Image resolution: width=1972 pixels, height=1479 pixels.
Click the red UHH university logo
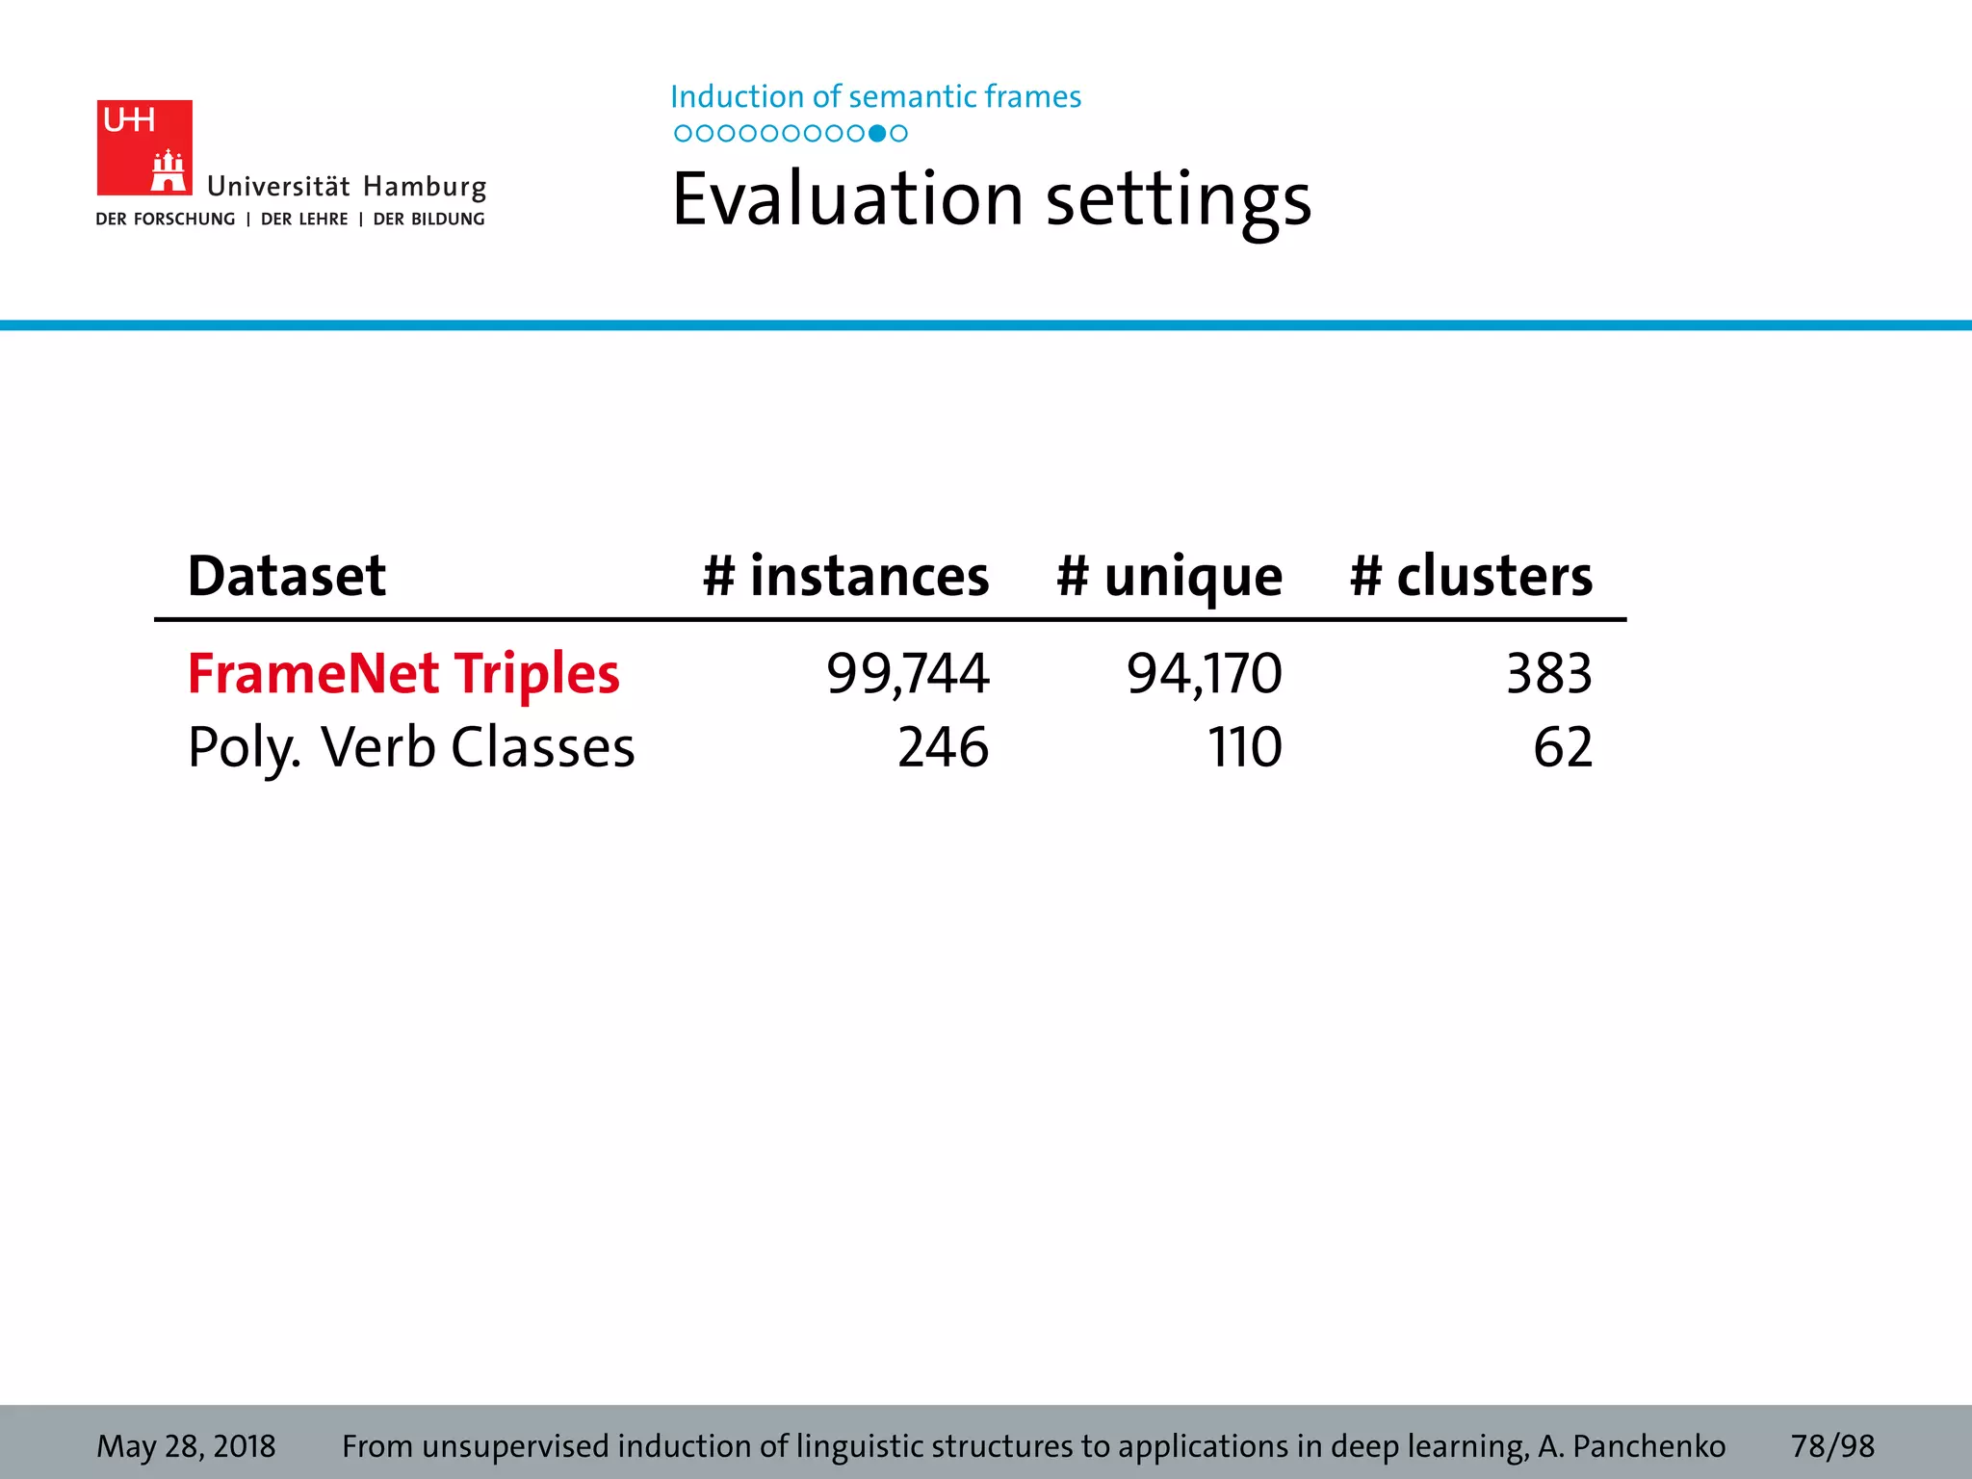[144, 147]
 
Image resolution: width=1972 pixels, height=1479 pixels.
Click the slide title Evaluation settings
[991, 199]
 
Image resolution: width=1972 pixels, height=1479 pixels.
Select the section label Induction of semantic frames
[875, 96]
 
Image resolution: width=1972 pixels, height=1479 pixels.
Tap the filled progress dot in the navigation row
[876, 134]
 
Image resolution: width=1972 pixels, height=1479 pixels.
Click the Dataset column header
[286, 576]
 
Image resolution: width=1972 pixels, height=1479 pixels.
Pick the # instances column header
[845, 576]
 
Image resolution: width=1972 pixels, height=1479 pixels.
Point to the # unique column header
[1169, 576]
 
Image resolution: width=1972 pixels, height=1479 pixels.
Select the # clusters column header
[1470, 576]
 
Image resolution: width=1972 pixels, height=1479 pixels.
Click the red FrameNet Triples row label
[403, 673]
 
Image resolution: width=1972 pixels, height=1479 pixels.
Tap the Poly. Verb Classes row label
[411, 747]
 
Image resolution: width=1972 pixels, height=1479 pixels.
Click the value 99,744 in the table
[907, 673]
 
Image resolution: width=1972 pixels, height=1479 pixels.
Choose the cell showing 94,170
[1204, 673]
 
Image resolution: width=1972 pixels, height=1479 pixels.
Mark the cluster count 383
[1548, 673]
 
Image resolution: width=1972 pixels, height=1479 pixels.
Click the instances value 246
[943, 747]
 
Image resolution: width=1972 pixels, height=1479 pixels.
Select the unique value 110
[1244, 747]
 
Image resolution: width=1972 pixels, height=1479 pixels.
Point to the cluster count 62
[1563, 747]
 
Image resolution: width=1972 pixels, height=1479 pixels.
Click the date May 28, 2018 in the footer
[186, 1446]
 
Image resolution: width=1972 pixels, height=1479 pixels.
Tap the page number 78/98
[1832, 1446]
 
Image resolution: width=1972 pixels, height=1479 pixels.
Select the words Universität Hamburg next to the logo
[347, 186]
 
